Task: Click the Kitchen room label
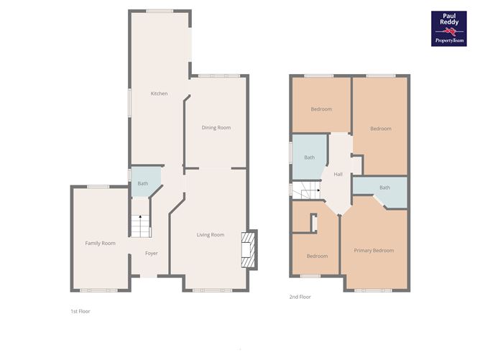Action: (x=159, y=93)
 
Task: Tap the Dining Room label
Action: (x=216, y=128)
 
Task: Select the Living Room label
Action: (x=211, y=235)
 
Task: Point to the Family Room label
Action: (x=100, y=244)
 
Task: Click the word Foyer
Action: (x=151, y=254)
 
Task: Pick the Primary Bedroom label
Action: (x=374, y=251)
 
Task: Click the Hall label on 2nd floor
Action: (x=338, y=175)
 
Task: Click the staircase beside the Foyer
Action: (x=141, y=226)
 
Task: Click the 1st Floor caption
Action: (x=80, y=311)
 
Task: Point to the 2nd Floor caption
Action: (x=300, y=297)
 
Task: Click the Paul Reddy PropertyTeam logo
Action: (x=449, y=29)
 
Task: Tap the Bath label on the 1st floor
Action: (x=143, y=184)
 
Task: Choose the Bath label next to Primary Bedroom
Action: (x=384, y=188)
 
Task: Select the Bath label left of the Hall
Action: (x=309, y=157)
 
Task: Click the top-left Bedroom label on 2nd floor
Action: (x=321, y=109)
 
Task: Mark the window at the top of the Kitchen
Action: (x=160, y=11)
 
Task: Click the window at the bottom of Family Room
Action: (x=98, y=290)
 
